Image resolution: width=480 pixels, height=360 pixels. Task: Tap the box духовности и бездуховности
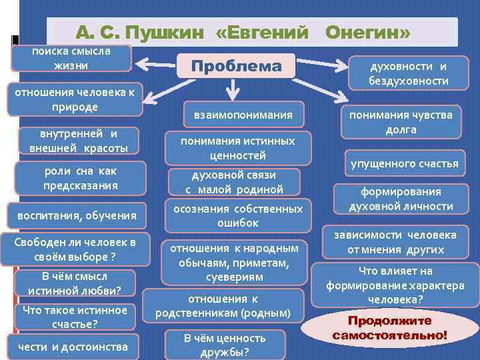coord(409,73)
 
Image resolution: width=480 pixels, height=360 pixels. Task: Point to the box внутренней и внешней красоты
coord(79,140)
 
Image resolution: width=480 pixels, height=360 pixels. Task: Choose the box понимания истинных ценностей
coord(238,148)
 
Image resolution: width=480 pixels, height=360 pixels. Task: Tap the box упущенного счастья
coord(410,163)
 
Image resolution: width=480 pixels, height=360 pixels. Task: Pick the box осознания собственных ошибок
coord(238,215)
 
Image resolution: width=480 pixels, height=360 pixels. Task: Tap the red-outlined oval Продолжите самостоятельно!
coord(390,327)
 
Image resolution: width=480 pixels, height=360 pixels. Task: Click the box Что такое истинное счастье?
coord(75,317)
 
